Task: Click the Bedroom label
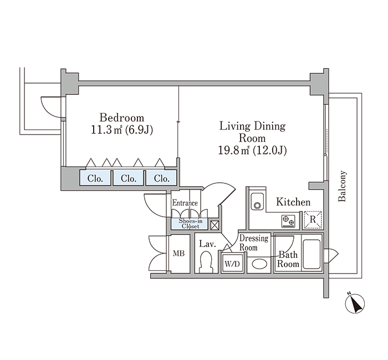tap(122, 117)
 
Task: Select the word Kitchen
tap(293, 202)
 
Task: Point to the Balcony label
tap(342, 186)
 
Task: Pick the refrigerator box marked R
tap(313, 219)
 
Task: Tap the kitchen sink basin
tap(257, 202)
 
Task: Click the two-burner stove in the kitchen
tap(288, 221)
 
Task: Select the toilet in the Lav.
tap(206, 262)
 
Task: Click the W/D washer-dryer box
tap(232, 264)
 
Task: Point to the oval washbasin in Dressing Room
tap(259, 264)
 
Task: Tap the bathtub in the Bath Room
tap(312, 254)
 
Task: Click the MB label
tap(178, 253)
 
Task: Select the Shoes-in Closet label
tap(190, 224)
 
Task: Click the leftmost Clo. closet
tap(95, 177)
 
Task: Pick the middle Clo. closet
tap(129, 177)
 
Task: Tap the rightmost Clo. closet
tap(161, 177)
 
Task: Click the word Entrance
tap(185, 203)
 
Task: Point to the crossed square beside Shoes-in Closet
tap(214, 225)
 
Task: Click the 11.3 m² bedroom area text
tap(106, 130)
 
